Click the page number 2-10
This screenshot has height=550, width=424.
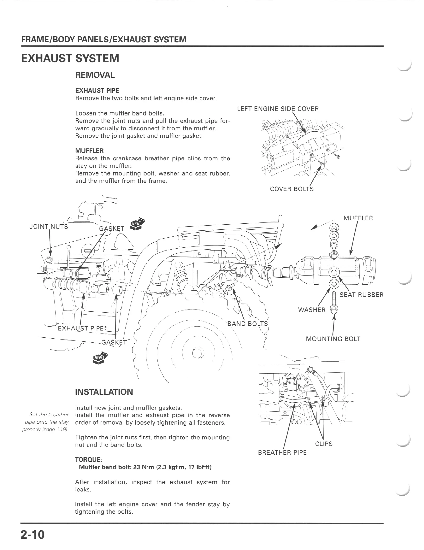pyautogui.click(x=33, y=534)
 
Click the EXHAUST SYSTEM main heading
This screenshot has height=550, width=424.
pyautogui.click(x=70, y=58)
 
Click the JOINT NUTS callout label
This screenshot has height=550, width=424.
pyautogui.click(x=49, y=226)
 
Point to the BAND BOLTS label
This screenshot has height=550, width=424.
pyautogui.click(x=247, y=324)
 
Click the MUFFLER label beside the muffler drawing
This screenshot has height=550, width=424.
pyautogui.click(x=358, y=218)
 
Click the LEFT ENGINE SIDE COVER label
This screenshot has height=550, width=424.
pyautogui.click(x=278, y=109)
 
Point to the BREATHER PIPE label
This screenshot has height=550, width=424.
pyautogui.click(x=282, y=452)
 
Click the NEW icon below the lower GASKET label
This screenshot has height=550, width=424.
pyautogui.click(x=100, y=358)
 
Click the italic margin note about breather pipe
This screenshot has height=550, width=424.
pyautogui.click(x=46, y=422)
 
